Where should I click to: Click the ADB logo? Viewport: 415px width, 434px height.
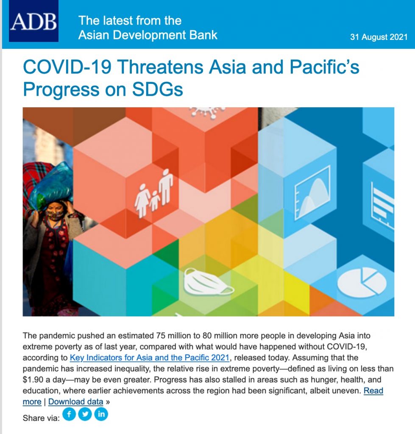click(33, 21)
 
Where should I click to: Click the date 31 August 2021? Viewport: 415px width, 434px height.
click(379, 37)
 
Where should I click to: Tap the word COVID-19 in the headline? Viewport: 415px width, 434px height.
click(67, 67)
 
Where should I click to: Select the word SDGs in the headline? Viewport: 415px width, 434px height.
click(158, 89)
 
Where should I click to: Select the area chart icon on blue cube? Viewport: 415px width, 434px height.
click(312, 192)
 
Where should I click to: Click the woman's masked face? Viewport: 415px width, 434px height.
click(55, 212)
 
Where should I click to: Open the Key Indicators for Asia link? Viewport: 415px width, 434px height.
click(150, 358)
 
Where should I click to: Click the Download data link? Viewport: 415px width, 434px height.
click(75, 402)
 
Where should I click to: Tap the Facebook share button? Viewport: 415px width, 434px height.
click(69, 415)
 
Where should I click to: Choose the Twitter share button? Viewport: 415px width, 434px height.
click(85, 415)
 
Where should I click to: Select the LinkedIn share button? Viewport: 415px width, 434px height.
click(101, 415)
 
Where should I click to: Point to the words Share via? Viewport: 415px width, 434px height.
click(41, 418)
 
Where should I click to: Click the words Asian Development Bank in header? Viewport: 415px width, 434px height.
click(148, 35)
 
